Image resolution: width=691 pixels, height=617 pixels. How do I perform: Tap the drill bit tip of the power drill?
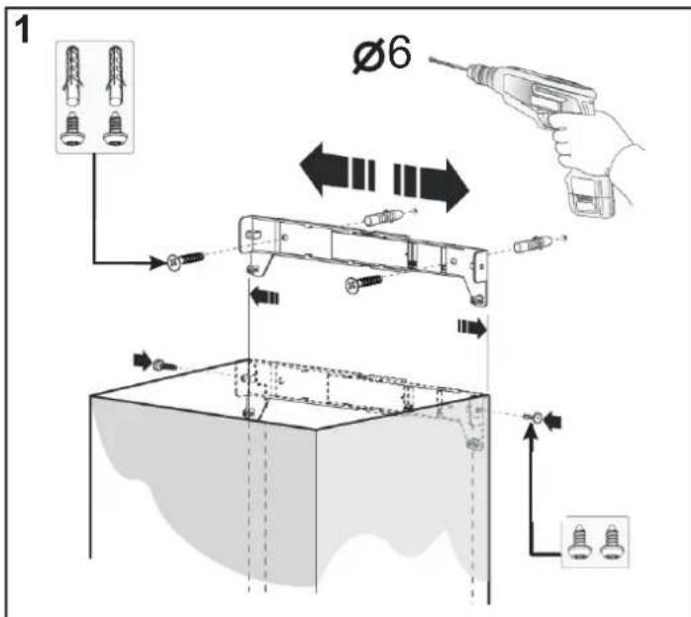click(x=433, y=61)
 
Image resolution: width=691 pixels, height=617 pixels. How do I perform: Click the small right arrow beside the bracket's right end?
click(x=472, y=328)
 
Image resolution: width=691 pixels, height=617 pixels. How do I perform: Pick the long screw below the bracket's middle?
click(x=363, y=284)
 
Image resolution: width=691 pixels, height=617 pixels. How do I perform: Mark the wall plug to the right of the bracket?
click(x=535, y=241)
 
